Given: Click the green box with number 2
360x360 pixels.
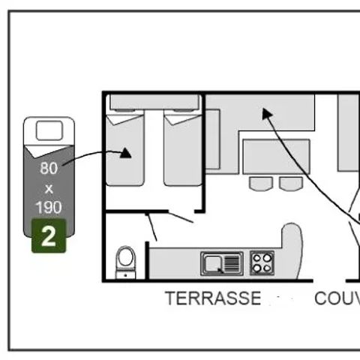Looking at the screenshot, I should tap(49, 237).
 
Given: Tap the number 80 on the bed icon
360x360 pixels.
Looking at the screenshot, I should tap(49, 168).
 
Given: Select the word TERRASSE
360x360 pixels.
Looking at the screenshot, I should tap(213, 298).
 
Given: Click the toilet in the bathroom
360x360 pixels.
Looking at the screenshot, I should tap(126, 260).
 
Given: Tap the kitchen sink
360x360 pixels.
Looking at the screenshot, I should tap(222, 262).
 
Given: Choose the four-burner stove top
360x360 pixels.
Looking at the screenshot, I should tap(262, 262).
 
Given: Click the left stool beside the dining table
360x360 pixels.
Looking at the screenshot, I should tap(260, 183).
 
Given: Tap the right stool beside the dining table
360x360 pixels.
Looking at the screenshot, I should tap(291, 183).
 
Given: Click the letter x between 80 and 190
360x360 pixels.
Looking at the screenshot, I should tap(49, 188).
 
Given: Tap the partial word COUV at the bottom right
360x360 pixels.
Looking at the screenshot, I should tap(337, 298).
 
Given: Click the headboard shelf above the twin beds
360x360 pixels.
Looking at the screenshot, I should tap(153, 102).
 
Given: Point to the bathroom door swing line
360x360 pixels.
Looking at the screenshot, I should tap(151, 227).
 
